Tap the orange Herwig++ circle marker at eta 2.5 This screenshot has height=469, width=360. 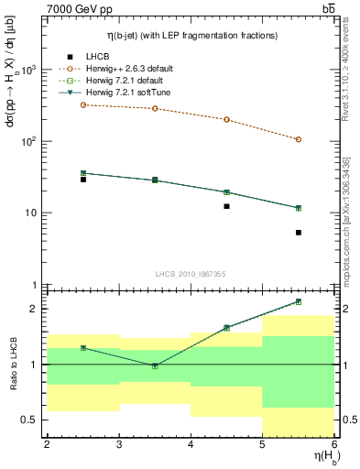pyautogui.click(x=83, y=105)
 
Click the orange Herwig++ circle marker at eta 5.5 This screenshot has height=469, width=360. pyautogui.click(x=299, y=139)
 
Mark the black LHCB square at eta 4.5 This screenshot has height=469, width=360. pyautogui.click(x=226, y=206)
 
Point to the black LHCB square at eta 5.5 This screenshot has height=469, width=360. pyautogui.click(x=299, y=233)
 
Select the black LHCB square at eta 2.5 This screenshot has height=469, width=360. pyautogui.click(x=83, y=180)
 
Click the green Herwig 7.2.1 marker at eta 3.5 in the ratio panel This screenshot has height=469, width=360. pyautogui.click(x=155, y=365)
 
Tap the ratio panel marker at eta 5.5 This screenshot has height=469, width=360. pyautogui.click(x=299, y=301)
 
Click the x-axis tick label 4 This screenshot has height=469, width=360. pyautogui.click(x=191, y=444)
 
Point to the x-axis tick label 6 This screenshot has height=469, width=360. pyautogui.click(x=333, y=444)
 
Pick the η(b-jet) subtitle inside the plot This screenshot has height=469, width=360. pyautogui.click(x=191, y=36)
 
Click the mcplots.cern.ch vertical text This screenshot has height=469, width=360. pyautogui.click(x=351, y=220)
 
